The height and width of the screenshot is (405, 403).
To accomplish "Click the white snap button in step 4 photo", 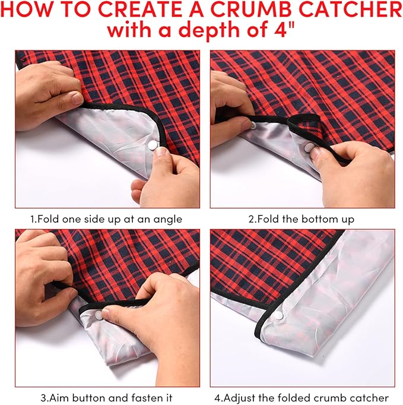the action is point(278,315).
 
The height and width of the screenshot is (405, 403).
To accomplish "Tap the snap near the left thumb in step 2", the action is point(252,126).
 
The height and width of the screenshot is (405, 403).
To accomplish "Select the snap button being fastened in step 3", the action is point(99,315).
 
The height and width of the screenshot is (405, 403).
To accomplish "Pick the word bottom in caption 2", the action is point(318,219).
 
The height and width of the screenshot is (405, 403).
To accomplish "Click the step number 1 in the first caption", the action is point(33,219).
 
